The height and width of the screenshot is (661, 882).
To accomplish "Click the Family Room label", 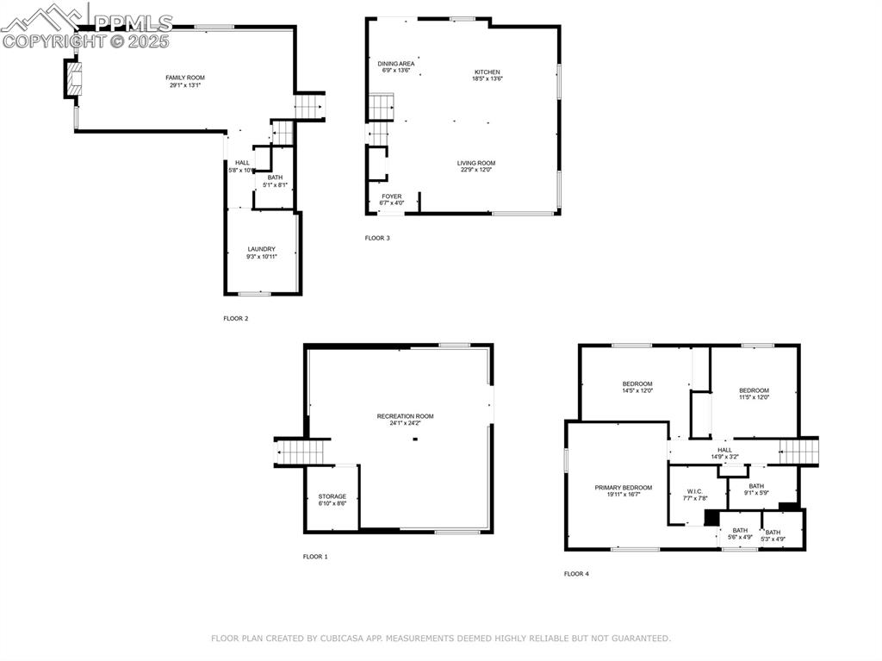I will tap(185, 78).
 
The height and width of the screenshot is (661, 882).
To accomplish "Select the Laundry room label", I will tap(261, 249).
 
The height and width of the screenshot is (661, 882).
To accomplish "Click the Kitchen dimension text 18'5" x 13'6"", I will tap(487, 79).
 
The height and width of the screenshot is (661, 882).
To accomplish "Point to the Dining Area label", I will tap(396, 64).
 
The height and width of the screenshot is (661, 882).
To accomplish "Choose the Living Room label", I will tap(476, 163).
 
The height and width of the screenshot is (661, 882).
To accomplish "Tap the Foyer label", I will tap(392, 196).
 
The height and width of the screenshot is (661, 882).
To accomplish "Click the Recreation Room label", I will tap(405, 416).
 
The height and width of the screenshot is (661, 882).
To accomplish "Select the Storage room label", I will tap(332, 496).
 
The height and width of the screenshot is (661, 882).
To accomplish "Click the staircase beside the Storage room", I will tap(302, 452).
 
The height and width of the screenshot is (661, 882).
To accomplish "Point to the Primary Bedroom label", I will tap(623, 488).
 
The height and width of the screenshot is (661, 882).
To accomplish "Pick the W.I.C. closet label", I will tap(693, 491).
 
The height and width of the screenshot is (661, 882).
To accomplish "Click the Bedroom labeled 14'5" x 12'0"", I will tap(637, 384).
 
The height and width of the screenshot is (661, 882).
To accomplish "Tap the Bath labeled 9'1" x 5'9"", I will tap(756, 486).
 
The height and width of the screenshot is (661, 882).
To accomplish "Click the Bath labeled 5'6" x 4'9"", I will tap(740, 531).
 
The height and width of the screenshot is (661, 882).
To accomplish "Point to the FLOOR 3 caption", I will tap(377, 238).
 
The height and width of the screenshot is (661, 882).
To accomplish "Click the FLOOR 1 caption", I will tap(315, 557).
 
